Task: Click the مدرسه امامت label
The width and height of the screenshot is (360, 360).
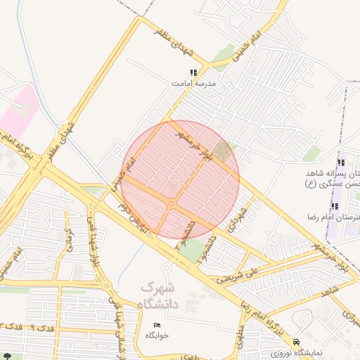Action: (194, 83)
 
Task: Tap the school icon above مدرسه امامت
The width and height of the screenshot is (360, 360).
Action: (193, 72)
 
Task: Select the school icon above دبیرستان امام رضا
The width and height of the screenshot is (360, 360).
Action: (334, 206)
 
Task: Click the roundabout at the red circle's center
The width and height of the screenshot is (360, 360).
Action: (172, 204)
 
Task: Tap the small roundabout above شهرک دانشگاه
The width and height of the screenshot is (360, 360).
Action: (167, 266)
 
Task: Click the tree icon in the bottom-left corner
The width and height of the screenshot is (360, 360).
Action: (6, 356)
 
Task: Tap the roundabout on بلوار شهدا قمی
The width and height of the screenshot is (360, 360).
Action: (105, 286)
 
